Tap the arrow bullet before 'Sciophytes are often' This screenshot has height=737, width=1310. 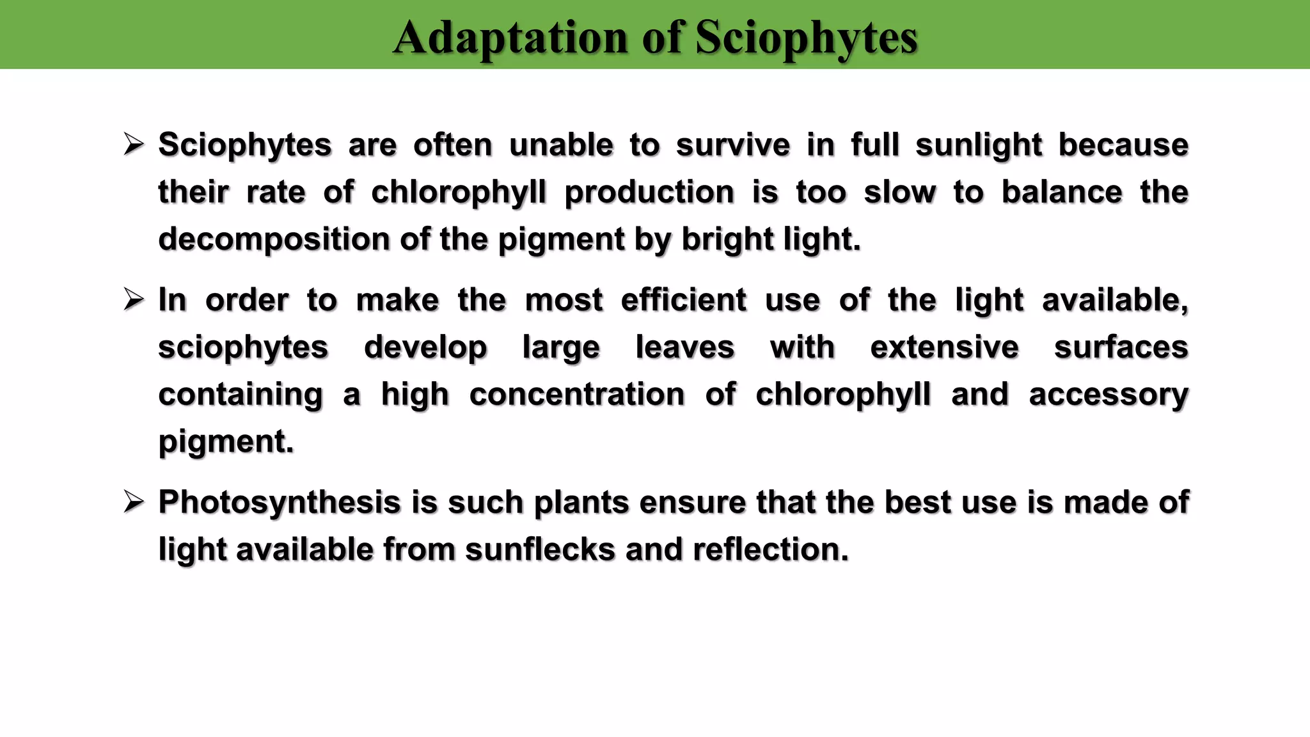point(134,145)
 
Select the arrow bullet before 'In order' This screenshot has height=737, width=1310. point(134,299)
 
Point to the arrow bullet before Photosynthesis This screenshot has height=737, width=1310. point(134,502)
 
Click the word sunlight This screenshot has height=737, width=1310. point(979,145)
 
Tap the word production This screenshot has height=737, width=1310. point(649,193)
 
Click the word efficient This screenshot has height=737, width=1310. point(683,300)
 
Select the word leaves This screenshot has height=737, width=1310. point(684,347)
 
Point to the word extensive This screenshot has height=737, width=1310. point(944,347)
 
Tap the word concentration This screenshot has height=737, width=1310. point(577,395)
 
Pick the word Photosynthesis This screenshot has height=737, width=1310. point(280,503)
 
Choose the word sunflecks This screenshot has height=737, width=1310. point(540,550)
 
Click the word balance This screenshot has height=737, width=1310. point(1062,193)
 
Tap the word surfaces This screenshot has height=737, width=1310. point(1121,347)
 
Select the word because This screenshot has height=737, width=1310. point(1123,145)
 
